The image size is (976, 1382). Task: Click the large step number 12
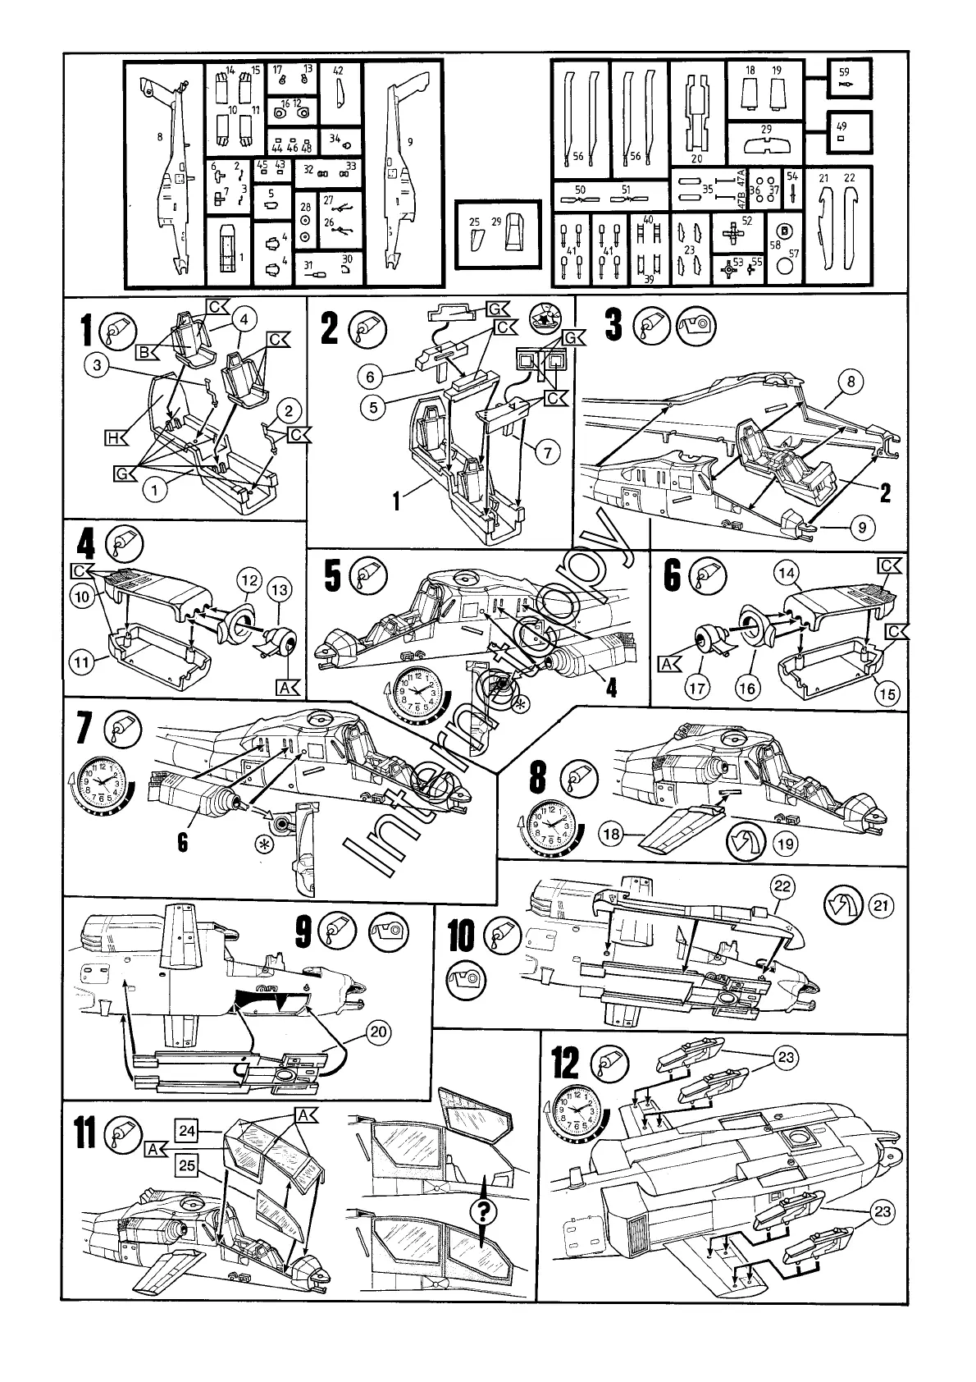click(x=566, y=1064)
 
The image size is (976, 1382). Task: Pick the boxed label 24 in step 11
click(x=186, y=1131)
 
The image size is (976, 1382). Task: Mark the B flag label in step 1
click(x=148, y=353)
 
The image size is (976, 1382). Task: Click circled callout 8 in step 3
click(x=851, y=381)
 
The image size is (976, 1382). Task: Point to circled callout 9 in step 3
click(x=862, y=528)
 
